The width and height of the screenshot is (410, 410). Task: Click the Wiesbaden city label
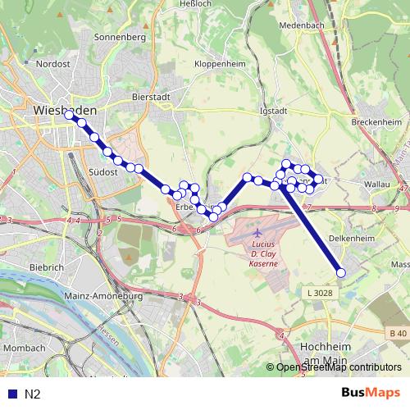pos(65,109)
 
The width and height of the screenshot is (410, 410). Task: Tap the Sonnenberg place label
pos(120,37)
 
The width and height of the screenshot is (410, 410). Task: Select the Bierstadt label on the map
pos(150,96)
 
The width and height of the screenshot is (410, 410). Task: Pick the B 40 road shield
pos(398,332)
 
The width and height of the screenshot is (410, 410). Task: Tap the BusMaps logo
pos(371,393)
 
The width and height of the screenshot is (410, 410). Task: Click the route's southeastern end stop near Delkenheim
pos(341,272)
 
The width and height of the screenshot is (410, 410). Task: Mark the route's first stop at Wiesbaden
pos(69,116)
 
